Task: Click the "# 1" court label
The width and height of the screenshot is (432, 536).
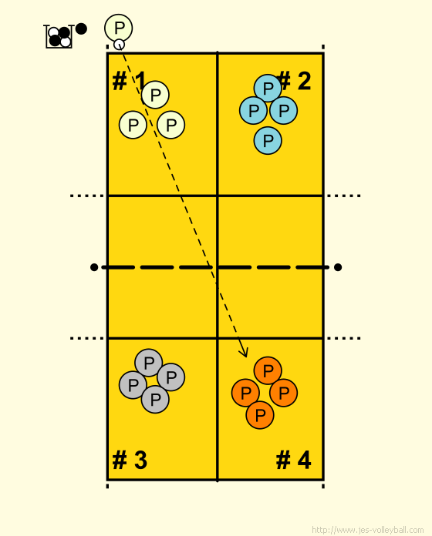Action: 130,81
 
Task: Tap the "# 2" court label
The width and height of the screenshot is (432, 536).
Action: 294,81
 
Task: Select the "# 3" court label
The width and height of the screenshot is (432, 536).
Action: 130,460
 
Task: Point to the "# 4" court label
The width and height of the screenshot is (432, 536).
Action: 294,460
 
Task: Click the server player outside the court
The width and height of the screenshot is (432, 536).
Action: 119,28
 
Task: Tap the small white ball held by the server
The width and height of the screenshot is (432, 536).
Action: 119,45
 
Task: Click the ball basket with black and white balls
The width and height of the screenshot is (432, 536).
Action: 59,36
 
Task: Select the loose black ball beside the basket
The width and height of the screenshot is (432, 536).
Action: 81,28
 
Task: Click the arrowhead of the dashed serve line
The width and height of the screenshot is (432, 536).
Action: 244,352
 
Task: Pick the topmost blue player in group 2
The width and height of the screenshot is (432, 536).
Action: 268,89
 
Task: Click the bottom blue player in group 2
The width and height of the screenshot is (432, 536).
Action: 268,140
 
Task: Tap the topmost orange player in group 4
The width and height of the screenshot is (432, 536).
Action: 268,370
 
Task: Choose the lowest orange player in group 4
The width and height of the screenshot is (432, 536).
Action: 260,415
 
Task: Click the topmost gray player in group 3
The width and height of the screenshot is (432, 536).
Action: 149,363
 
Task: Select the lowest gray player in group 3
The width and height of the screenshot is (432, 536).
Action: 155,399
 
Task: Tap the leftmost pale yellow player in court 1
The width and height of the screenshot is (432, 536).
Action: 133,125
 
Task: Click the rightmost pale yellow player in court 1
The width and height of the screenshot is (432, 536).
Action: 170,125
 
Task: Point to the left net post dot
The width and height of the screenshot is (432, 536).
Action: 94,267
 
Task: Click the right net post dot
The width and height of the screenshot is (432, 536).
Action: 338,267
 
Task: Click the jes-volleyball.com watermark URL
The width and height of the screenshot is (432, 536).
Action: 368,530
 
